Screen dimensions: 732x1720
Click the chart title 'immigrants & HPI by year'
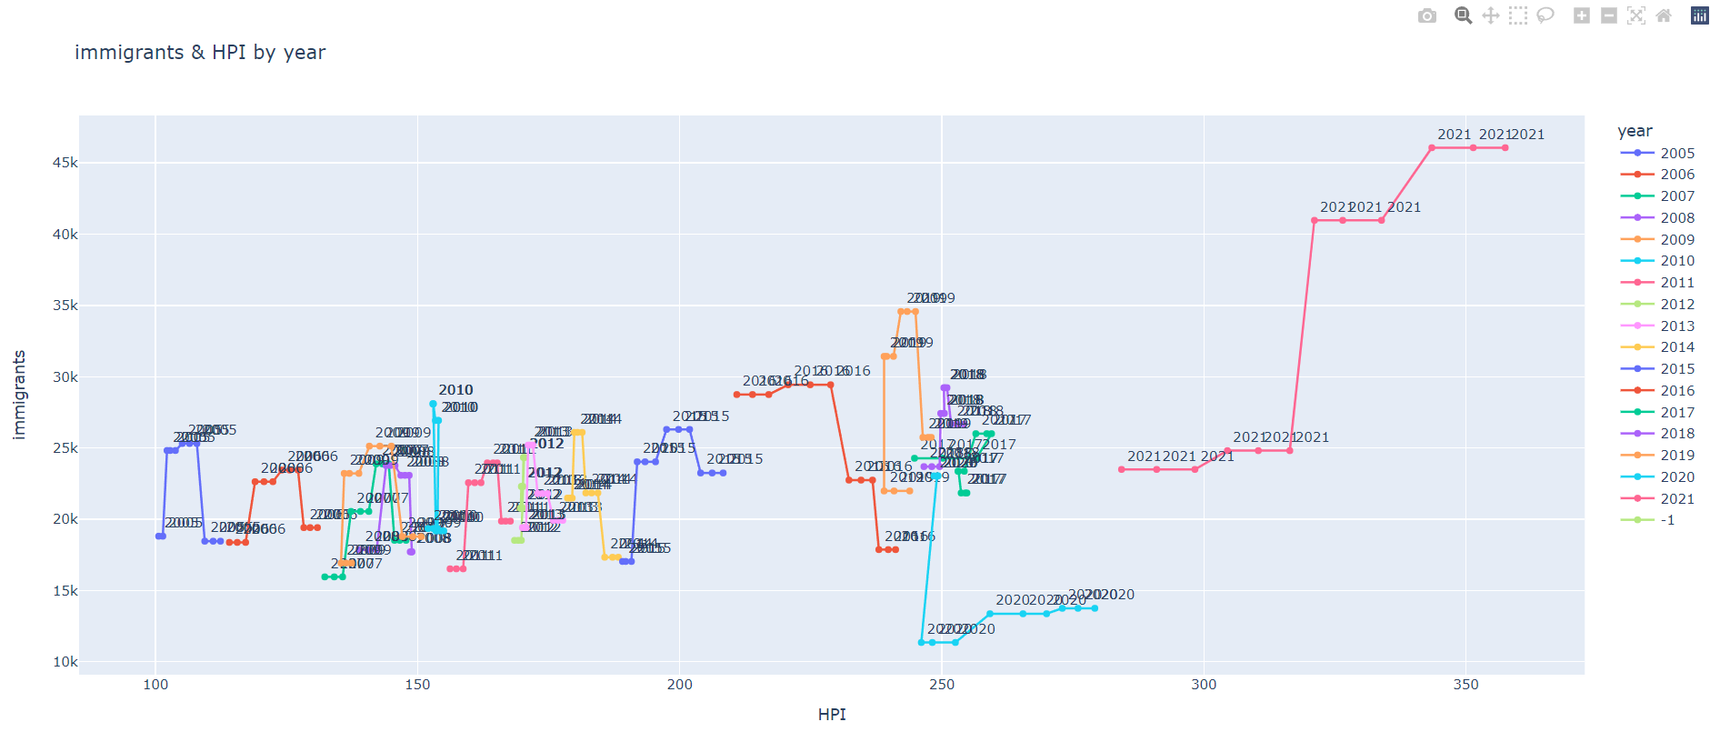pyautogui.click(x=200, y=53)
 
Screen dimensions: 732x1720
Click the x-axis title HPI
pyautogui.click(x=831, y=715)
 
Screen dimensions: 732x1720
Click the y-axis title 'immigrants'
pyautogui.click(x=19, y=395)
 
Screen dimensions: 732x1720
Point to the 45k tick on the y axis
pyautogui.click(x=65, y=163)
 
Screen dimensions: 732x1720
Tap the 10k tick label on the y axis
pyautogui.click(x=65, y=662)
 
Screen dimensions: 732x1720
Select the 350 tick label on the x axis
pyautogui.click(x=1465, y=685)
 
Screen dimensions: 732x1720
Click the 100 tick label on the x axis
pyautogui.click(x=155, y=685)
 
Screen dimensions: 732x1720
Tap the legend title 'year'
pyautogui.click(x=1635, y=131)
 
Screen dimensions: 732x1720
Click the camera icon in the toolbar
pyautogui.click(x=1427, y=15)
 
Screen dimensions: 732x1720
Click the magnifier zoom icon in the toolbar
pyautogui.click(x=1463, y=15)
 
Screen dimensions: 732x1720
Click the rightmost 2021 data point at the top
pyautogui.click(x=1505, y=147)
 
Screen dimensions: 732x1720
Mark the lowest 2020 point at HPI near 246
pyautogui.click(x=922, y=643)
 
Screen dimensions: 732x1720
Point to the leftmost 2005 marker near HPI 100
pyautogui.click(x=158, y=536)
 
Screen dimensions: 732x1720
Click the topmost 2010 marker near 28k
pyautogui.click(x=433, y=404)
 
